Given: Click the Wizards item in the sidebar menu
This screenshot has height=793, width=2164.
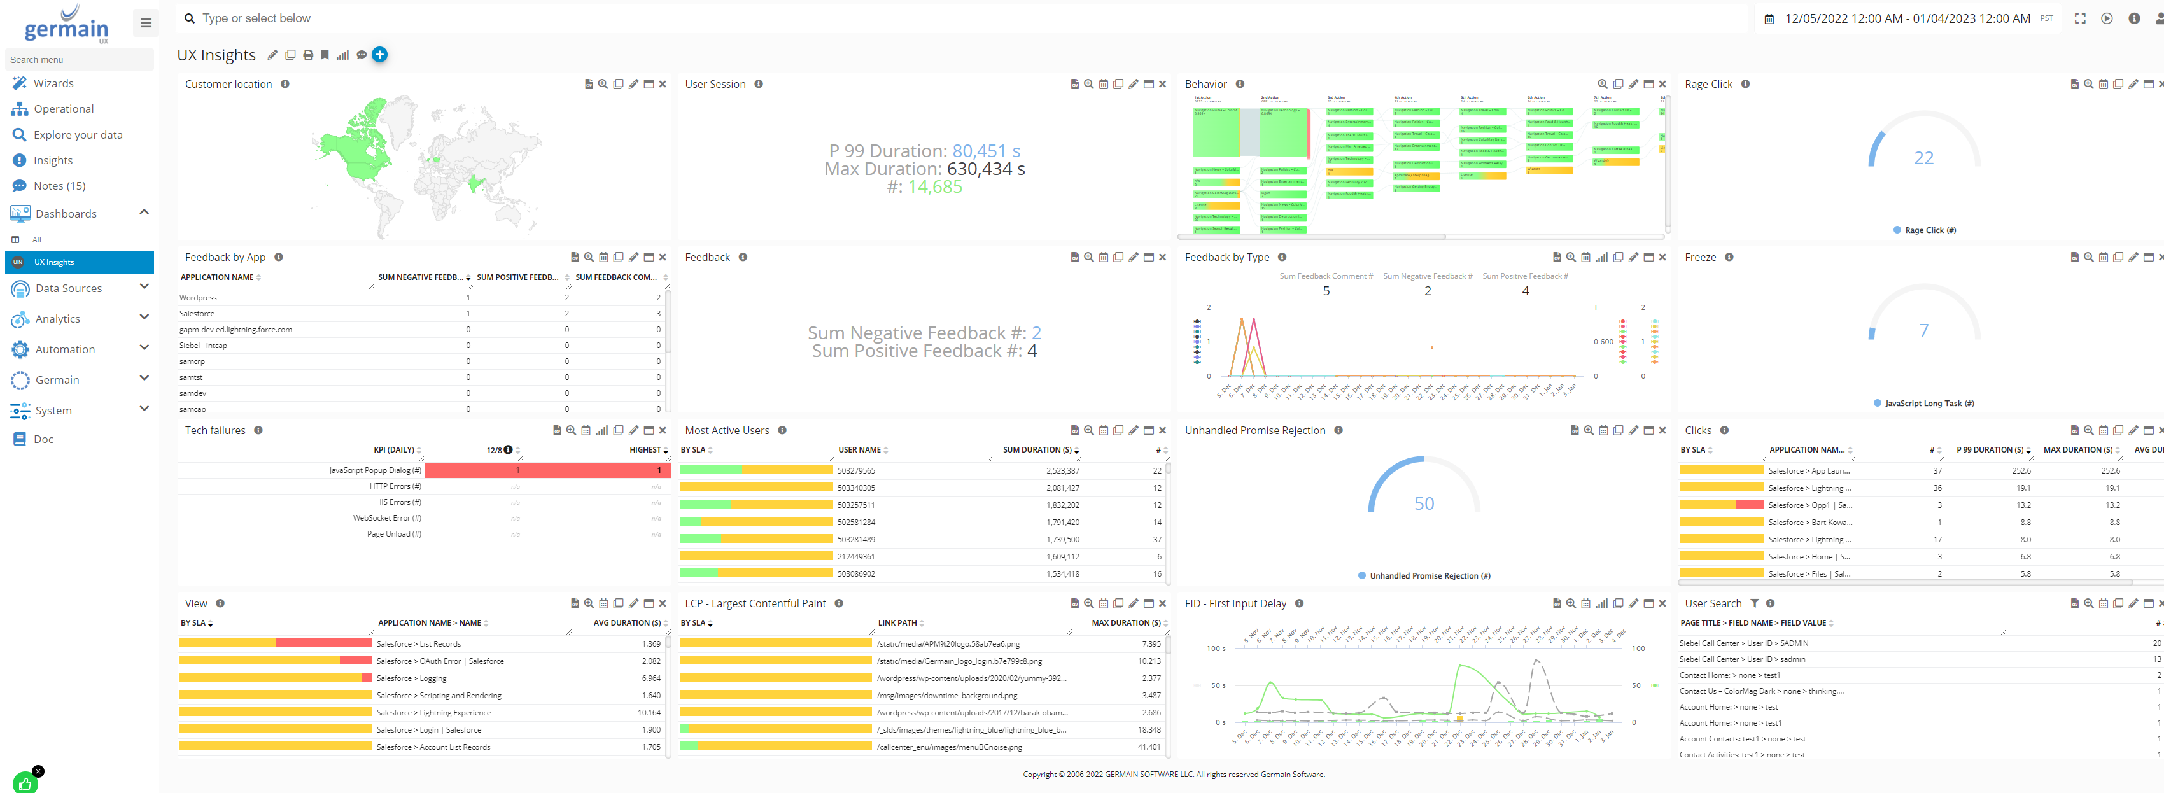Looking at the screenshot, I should tap(53, 83).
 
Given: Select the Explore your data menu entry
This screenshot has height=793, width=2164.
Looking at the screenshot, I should tap(77, 134).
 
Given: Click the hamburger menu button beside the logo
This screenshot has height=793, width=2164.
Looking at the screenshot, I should tap(145, 23).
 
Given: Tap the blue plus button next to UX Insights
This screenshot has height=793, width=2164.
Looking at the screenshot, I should tap(380, 55).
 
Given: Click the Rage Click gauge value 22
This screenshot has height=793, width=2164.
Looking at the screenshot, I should tap(1923, 158).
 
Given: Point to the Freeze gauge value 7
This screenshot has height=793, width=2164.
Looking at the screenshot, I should tap(1923, 330).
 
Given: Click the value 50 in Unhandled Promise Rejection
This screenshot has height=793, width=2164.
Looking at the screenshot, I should tap(1424, 503).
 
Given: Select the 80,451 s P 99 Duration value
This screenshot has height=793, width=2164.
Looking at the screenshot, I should tap(985, 151).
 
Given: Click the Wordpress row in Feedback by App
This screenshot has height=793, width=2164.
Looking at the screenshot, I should tap(198, 297).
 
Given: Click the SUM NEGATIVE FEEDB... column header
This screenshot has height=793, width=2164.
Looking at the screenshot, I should tap(419, 277).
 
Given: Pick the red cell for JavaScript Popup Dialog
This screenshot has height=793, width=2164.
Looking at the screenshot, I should tap(546, 470).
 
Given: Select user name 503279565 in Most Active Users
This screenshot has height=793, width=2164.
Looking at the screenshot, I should tap(856, 471).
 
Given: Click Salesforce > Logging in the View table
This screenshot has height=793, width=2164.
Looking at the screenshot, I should tap(411, 678).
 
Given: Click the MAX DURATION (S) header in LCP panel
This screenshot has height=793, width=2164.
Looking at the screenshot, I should tap(1125, 623).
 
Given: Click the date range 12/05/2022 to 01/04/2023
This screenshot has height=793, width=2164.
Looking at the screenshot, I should tap(1907, 18).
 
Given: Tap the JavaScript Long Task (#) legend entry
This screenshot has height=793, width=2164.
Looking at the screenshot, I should tap(1928, 404).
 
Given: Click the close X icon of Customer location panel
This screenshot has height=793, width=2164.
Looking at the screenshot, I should tap(663, 84).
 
